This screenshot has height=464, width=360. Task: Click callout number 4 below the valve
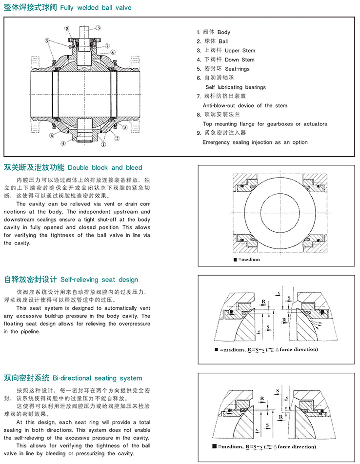point(63,143)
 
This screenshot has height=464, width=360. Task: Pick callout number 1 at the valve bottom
point(103,144)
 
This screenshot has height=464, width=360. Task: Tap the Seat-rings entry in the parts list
point(237,69)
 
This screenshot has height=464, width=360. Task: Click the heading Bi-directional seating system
point(101,378)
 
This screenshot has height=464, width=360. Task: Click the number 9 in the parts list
point(199,133)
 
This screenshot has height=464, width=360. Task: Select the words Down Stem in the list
point(240,60)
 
